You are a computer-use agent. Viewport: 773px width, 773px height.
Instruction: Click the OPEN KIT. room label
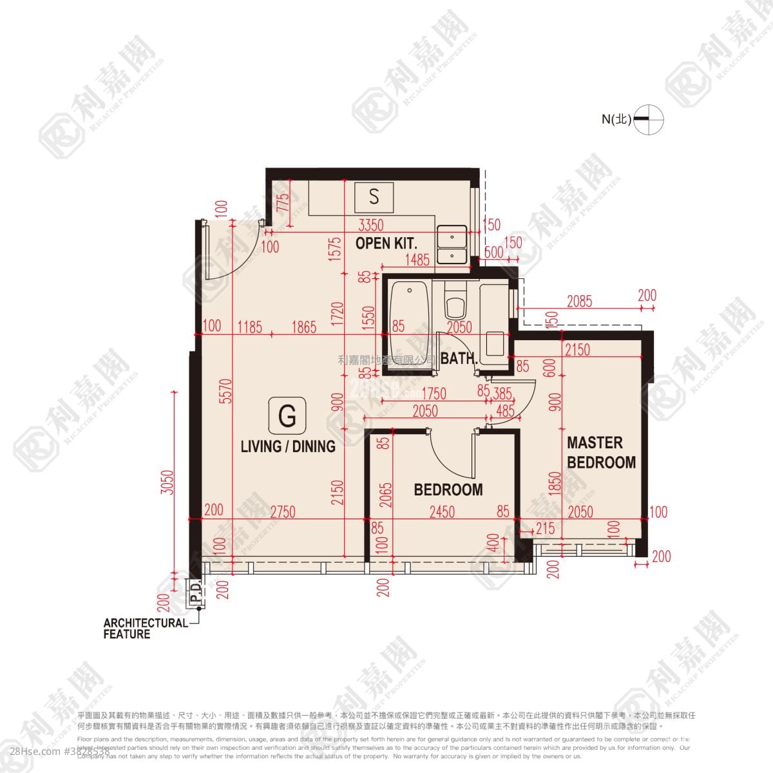[386, 243]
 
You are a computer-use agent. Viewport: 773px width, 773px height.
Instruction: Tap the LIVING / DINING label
[288, 446]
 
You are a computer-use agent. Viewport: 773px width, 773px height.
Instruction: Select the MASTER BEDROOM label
[600, 452]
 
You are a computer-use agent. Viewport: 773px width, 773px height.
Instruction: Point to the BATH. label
[458, 359]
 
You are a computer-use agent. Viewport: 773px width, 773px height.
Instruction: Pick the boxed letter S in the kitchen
[374, 196]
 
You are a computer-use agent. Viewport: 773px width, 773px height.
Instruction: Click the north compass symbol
[648, 119]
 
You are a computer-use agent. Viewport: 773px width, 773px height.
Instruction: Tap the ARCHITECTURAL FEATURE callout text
[145, 629]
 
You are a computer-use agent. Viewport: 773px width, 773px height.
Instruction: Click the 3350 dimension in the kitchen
[370, 225]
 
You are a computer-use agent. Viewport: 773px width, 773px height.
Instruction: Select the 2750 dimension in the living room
[283, 512]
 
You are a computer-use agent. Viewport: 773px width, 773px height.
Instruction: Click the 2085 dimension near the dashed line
[579, 301]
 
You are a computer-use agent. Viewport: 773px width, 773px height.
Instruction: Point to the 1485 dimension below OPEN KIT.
[417, 260]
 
